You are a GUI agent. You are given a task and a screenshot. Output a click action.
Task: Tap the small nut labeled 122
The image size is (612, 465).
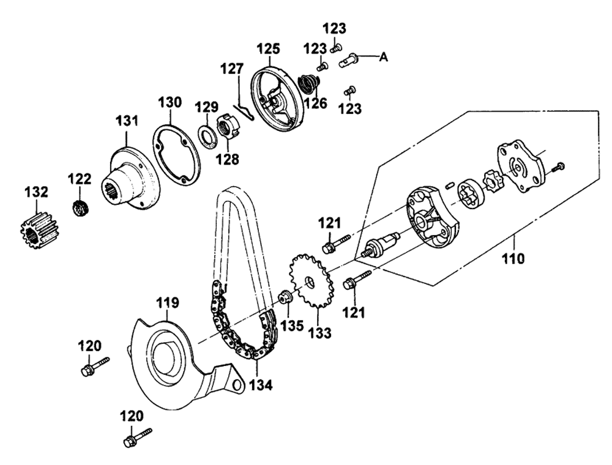pyautogui.click(x=80, y=207)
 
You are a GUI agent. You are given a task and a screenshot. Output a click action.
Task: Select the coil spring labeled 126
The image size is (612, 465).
pyautogui.click(x=309, y=84)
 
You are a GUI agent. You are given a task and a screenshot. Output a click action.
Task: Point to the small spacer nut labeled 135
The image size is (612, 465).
pyautogui.click(x=284, y=297)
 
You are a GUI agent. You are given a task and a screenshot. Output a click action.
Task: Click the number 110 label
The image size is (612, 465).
pyautogui.click(x=513, y=258)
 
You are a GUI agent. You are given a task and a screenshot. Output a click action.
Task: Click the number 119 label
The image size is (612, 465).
pyautogui.click(x=168, y=302)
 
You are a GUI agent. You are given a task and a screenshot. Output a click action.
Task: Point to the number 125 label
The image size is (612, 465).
pyautogui.click(x=268, y=49)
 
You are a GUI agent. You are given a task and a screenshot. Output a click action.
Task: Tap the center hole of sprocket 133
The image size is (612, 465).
pyautogui.click(x=310, y=281)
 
